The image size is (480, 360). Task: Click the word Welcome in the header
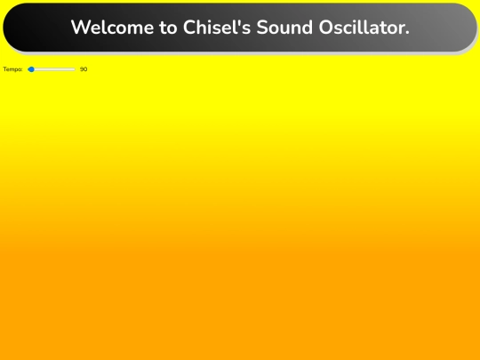point(112,28)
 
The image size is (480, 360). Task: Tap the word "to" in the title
point(169,28)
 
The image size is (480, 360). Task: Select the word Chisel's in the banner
point(217,28)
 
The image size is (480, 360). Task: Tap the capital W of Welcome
point(80,28)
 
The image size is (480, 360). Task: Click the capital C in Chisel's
point(190,28)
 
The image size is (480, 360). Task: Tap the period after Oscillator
point(407,33)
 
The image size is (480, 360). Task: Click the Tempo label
point(12,68)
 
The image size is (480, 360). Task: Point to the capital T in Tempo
point(4,68)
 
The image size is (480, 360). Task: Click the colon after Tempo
point(22,69)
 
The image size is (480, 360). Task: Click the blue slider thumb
point(31,68)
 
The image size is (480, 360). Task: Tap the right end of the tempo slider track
point(75,68)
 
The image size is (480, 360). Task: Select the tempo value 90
point(84,68)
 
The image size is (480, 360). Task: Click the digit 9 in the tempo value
point(82,68)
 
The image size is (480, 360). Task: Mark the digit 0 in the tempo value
point(85,68)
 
